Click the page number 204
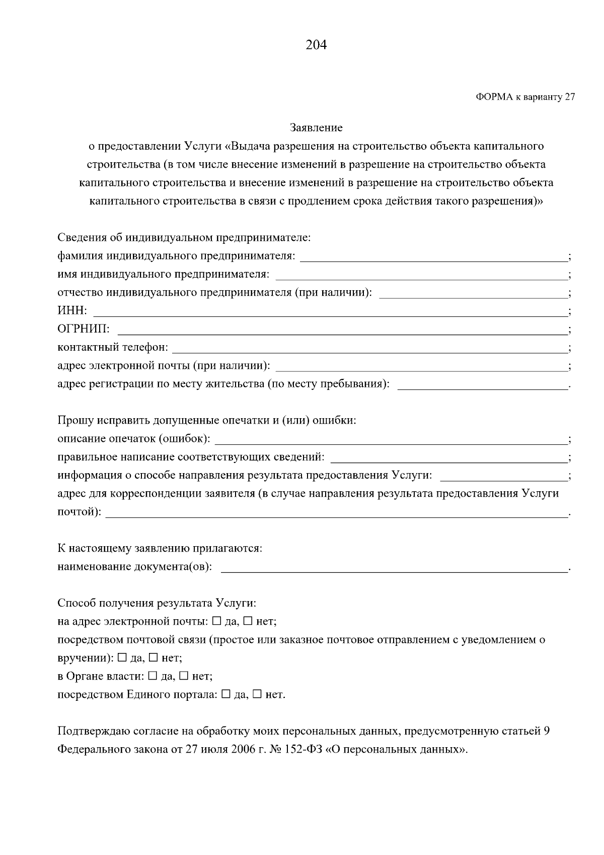316,45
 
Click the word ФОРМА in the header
493,97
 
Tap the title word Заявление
316,128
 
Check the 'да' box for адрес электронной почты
217,621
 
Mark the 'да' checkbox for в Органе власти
153,676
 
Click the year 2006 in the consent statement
243,749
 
